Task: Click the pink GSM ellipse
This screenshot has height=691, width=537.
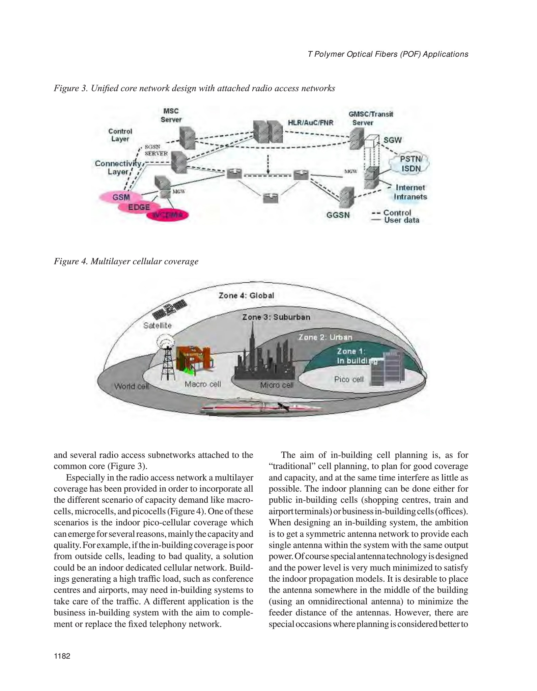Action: tap(118, 197)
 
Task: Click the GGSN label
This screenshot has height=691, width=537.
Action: tap(338, 215)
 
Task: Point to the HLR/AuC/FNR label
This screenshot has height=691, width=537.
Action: tap(310, 123)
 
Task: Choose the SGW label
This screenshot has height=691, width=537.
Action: tap(393, 140)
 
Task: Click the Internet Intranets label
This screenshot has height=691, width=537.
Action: tap(411, 192)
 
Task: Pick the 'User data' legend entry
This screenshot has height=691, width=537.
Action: tap(401, 220)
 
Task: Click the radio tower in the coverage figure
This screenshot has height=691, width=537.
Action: tap(167, 358)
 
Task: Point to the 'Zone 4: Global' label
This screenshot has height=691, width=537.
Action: tap(246, 296)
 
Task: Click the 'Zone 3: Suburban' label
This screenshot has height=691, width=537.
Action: tap(276, 317)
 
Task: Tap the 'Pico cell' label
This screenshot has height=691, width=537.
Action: tap(349, 379)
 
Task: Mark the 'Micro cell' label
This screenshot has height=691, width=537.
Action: tap(277, 385)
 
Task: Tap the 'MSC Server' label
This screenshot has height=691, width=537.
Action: tap(171, 115)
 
